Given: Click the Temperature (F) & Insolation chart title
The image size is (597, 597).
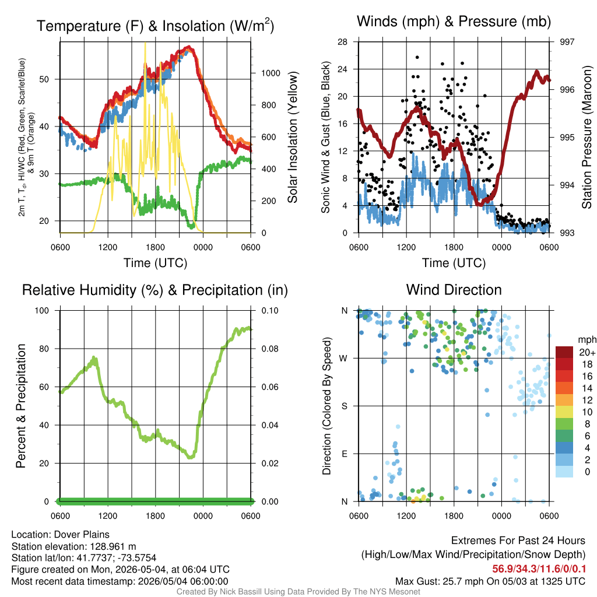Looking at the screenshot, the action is coord(155,26).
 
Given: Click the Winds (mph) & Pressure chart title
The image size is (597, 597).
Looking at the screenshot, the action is coord(454,22).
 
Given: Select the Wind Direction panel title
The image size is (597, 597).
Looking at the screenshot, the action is coord(454,290).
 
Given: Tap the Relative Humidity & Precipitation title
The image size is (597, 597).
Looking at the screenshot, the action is coord(155,290).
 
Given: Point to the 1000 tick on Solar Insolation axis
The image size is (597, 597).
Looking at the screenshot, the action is coord(271,73).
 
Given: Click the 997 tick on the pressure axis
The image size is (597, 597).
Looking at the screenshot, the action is coord(567,42).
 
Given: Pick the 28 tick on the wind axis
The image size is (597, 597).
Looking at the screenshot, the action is coord(342,42).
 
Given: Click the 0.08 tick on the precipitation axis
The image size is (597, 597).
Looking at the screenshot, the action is coord(269,349).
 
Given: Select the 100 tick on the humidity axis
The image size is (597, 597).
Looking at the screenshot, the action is coord(42,310).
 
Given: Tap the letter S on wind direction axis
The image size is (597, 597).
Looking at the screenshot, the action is coord(344,406).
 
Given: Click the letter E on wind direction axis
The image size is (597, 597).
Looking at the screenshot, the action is coord(344,454).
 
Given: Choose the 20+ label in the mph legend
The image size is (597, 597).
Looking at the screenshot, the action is coord(587,353).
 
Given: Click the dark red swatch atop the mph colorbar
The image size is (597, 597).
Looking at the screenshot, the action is coord(564,352).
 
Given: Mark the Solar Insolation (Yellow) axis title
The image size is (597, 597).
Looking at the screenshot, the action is coord(293,137).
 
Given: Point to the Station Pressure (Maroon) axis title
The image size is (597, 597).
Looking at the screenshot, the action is coord(587,137).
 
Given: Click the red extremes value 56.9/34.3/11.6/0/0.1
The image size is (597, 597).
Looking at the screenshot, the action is coord(539,569).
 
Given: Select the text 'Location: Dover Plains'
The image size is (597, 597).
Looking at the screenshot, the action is coord(60,535).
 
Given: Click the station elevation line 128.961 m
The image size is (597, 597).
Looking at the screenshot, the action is coord(73,546).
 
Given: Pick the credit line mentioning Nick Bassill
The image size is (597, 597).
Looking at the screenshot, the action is coord(298,592).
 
